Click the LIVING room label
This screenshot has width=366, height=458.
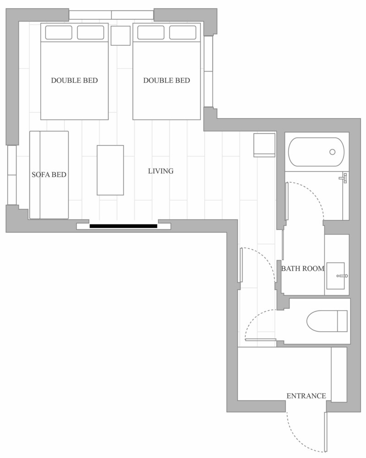pyautogui.click(x=161, y=171)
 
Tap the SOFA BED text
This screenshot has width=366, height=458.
pyautogui.click(x=49, y=174)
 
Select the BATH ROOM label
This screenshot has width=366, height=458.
pyautogui.click(x=303, y=268)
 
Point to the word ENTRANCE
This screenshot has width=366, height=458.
pyautogui.click(x=306, y=396)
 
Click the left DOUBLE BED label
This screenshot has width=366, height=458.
pyautogui.click(x=74, y=80)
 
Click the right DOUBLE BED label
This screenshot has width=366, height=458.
pyautogui.click(x=166, y=80)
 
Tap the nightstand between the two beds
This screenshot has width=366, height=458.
pyautogui.click(x=120, y=36)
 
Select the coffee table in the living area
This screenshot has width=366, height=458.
pyautogui.click(x=110, y=170)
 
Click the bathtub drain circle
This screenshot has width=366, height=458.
pyautogui.click(x=332, y=152)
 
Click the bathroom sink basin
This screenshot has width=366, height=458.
pyautogui.click(x=335, y=276)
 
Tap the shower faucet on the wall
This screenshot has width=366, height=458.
pyautogui.click(x=344, y=178)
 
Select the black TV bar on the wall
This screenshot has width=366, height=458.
pyautogui.click(x=123, y=226)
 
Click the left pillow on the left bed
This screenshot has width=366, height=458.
pyautogui.click(x=59, y=33)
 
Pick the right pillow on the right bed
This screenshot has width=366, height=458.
pyautogui.click(x=183, y=33)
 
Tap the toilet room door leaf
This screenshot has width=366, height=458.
pyautogui.click(x=261, y=340)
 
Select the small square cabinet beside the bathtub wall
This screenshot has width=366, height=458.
pyautogui.click(x=264, y=145)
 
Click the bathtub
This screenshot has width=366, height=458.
pyautogui.click(x=316, y=152)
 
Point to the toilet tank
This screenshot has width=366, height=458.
pyautogui.click(x=342, y=321)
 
